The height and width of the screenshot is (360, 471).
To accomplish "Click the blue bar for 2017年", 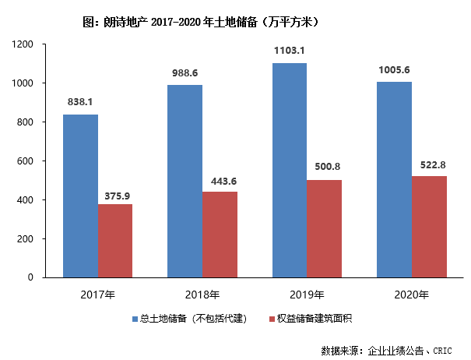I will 80,196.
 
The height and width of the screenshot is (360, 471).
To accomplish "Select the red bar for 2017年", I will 115,241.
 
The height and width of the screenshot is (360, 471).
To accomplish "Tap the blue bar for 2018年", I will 185,181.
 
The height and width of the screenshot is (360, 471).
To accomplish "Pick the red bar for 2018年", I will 220,234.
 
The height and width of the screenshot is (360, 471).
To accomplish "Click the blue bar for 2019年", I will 289,170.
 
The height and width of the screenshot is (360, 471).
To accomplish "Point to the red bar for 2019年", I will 324,228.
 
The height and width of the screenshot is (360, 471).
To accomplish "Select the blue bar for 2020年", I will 394,179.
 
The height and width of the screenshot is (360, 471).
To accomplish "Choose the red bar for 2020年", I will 428,227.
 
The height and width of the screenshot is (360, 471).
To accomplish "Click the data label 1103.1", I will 290,51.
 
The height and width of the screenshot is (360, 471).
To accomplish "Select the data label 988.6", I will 185,73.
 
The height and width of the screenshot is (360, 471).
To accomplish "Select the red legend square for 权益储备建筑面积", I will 272,319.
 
